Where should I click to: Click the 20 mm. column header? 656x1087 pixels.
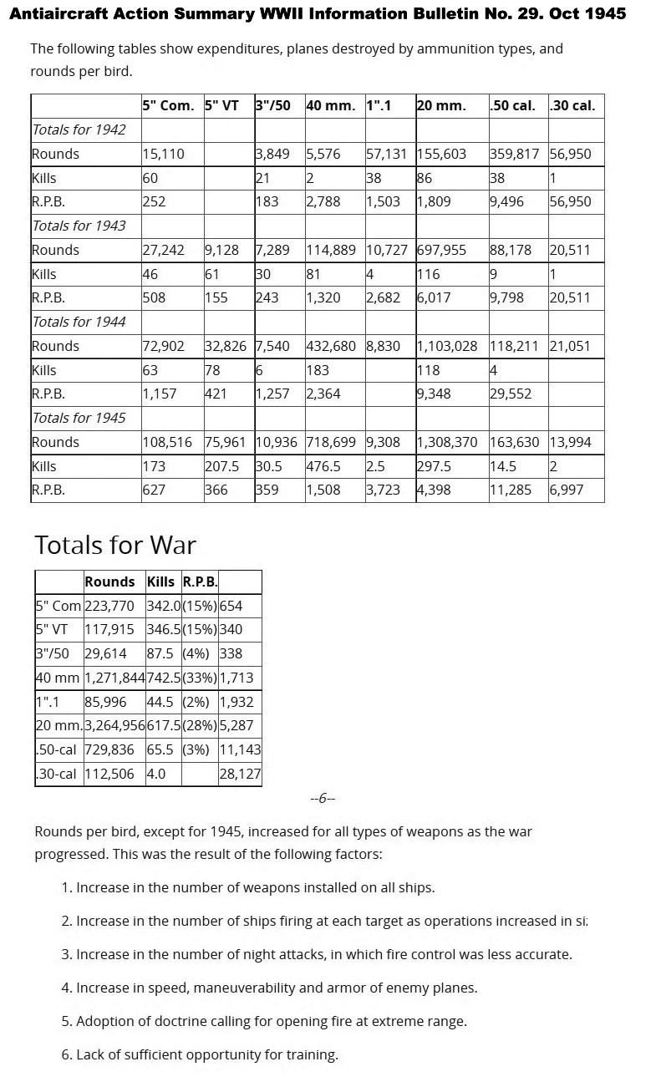[x=441, y=105]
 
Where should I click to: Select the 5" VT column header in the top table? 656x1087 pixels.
[x=221, y=105]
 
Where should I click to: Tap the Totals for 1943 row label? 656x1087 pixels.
[x=79, y=226]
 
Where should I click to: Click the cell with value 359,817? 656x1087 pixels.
[x=517, y=154]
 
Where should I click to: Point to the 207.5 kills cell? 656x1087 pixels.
[x=222, y=466]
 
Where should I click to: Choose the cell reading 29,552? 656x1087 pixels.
[x=511, y=394]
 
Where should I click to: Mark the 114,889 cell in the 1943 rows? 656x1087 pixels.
[x=332, y=250]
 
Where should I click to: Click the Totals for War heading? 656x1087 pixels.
[x=115, y=546]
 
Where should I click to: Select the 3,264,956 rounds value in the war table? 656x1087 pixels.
[x=114, y=726]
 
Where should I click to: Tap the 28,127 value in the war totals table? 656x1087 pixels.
[x=240, y=775]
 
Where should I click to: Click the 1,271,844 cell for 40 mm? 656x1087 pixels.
[x=114, y=678]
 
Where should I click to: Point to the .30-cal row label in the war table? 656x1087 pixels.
[x=58, y=775]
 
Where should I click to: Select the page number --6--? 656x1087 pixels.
[x=323, y=798]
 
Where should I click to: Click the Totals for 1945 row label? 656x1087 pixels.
[x=79, y=418]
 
